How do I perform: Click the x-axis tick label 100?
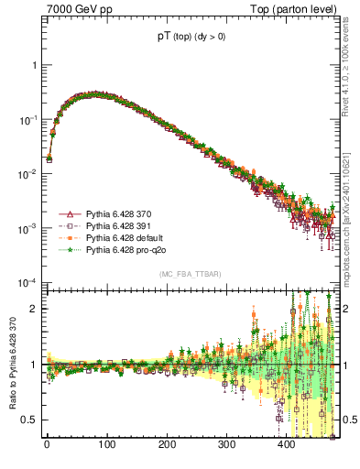pyautogui.click(x=106, y=446)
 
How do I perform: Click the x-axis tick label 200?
pyautogui.click(x=167, y=446)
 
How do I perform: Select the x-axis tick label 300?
pyautogui.click(x=227, y=446)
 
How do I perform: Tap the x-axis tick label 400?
pyautogui.click(x=287, y=446)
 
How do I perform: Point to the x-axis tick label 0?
pyautogui.click(x=47, y=446)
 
